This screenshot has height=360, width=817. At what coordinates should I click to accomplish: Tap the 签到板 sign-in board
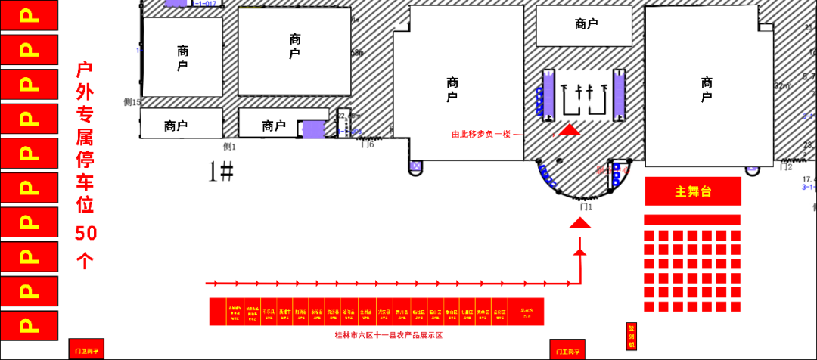pos(631,337)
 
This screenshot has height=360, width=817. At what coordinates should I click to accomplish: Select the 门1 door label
pos(584,206)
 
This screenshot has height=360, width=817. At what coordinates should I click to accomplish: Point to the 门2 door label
pos(786,167)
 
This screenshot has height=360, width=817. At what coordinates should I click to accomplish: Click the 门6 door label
pos(368,145)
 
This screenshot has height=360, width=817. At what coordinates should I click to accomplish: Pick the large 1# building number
pos(221,172)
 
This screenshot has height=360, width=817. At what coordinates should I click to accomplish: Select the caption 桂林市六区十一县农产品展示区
pos(388,334)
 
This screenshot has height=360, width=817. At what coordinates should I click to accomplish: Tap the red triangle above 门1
pos(579,222)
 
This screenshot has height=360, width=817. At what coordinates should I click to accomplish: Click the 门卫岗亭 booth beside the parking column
pos(86,349)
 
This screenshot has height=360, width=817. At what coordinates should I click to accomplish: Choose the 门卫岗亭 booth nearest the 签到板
pos(567,349)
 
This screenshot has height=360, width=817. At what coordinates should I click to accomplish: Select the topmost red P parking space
pos(30,17)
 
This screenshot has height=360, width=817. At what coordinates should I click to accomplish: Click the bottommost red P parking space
pos(30,325)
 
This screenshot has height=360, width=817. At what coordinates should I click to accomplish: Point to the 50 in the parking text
pos(85,234)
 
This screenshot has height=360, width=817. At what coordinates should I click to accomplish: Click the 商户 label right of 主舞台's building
pos(707,90)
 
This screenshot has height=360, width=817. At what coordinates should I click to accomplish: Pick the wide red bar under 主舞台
pos(691,219)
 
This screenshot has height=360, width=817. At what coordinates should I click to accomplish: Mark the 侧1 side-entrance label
pos(229,147)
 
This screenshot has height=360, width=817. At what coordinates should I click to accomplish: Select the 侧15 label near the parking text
pos(132,101)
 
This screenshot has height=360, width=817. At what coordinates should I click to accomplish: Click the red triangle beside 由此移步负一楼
pos(570,130)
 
